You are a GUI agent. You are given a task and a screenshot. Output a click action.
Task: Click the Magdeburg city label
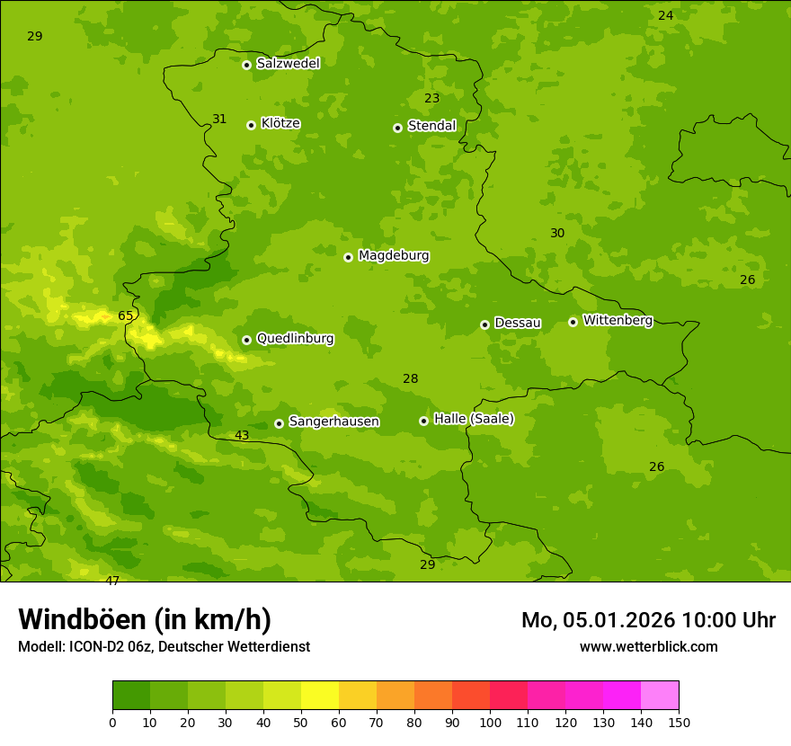(x=394, y=256)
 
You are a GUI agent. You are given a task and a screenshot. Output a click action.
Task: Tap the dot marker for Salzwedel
(x=246, y=65)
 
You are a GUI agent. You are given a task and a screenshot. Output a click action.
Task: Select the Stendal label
(x=432, y=126)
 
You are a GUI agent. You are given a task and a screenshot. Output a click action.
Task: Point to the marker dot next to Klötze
(x=251, y=125)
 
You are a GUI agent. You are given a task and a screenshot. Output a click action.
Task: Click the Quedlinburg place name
(x=295, y=339)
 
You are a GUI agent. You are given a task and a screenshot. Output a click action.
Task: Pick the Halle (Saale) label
(x=474, y=419)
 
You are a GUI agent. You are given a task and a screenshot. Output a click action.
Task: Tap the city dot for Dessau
(x=484, y=324)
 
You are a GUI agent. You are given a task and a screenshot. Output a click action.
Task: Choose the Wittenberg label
(x=618, y=320)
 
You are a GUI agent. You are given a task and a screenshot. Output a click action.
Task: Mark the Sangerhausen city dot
(x=279, y=423)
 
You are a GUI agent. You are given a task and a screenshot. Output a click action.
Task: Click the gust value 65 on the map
(x=125, y=315)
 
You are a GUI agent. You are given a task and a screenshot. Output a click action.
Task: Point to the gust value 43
(x=242, y=436)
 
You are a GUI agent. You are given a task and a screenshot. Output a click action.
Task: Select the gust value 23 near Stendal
(x=432, y=99)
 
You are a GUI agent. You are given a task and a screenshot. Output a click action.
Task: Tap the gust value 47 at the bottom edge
(x=112, y=581)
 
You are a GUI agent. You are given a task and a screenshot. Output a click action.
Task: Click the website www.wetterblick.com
(x=648, y=647)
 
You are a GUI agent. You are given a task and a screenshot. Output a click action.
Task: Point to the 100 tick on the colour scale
(x=490, y=722)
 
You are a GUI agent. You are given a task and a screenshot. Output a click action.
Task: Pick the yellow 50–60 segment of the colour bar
(x=320, y=696)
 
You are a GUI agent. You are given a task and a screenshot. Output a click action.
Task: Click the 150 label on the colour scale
(x=679, y=722)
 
